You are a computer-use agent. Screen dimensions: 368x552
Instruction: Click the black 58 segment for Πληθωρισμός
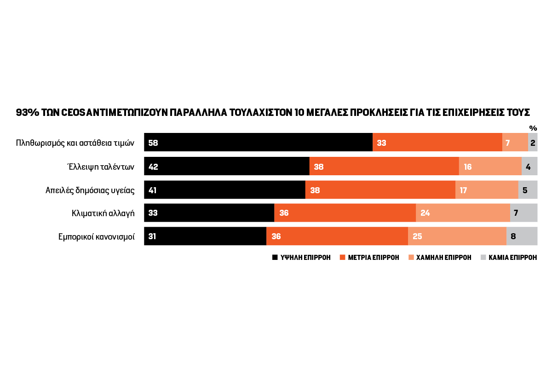click(258, 143)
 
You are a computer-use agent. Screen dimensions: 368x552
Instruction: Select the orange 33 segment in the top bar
click(437, 143)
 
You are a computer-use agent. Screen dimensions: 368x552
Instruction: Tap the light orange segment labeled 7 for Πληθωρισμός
click(515, 143)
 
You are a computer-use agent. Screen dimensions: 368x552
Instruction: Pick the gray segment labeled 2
click(533, 143)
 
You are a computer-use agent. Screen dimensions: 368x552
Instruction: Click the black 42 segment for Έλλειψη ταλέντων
click(226, 167)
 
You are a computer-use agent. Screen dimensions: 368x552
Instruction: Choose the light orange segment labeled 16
click(490, 167)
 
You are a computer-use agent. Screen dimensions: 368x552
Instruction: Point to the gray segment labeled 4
click(529, 167)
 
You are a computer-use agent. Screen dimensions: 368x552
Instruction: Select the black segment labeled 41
click(224, 190)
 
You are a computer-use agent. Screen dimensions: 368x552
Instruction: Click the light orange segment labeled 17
click(487, 190)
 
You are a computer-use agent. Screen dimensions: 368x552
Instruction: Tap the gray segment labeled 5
click(528, 190)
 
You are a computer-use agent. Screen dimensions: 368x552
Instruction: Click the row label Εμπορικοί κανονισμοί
click(96, 237)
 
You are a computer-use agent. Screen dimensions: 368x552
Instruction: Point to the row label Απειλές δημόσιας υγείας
click(90, 190)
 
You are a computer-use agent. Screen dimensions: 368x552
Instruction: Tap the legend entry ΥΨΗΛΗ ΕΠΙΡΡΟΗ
click(301, 258)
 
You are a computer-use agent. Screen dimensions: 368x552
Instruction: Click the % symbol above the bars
click(533, 128)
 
